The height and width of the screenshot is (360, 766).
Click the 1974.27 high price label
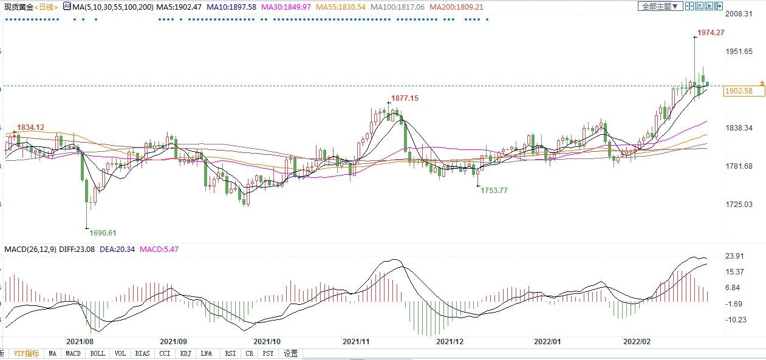[x=711, y=33]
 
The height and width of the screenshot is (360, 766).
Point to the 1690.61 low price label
[x=103, y=233]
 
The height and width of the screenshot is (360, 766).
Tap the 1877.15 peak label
[x=405, y=98]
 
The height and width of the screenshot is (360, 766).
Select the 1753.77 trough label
[x=494, y=190]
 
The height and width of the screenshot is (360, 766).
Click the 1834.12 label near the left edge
[x=30, y=127]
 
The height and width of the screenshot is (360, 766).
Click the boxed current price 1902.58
[x=739, y=91]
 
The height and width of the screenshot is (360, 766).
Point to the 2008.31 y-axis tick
[x=739, y=14]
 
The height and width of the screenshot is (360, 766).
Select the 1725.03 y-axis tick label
[x=739, y=205]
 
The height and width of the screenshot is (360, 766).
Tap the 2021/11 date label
[x=356, y=342]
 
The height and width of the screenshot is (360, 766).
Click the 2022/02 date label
[x=637, y=342]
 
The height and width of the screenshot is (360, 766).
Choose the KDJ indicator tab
[x=185, y=353]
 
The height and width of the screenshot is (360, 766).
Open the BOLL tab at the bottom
[x=97, y=353]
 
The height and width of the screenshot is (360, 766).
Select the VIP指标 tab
[x=27, y=353]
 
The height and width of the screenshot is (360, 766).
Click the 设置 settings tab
[x=291, y=353]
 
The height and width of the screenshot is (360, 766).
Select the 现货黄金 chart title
[x=18, y=7]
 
